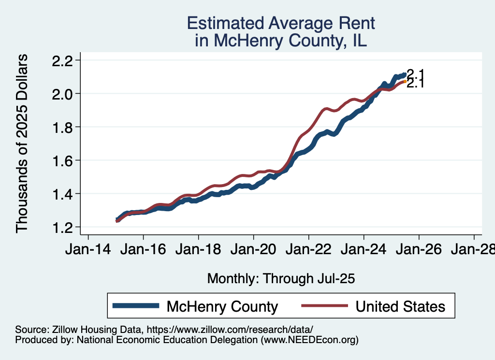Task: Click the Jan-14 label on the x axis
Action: (88, 250)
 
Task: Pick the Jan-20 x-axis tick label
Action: (254, 250)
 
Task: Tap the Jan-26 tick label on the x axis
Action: (419, 250)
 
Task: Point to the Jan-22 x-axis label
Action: (309, 250)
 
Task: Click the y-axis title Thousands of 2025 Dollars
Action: (22, 144)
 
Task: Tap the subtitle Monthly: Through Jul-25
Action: (281, 279)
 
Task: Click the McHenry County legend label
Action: (222, 306)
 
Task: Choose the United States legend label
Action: (400, 306)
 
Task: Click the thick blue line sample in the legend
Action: (135, 306)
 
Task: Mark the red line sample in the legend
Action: (324, 306)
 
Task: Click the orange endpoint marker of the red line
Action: (405, 82)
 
